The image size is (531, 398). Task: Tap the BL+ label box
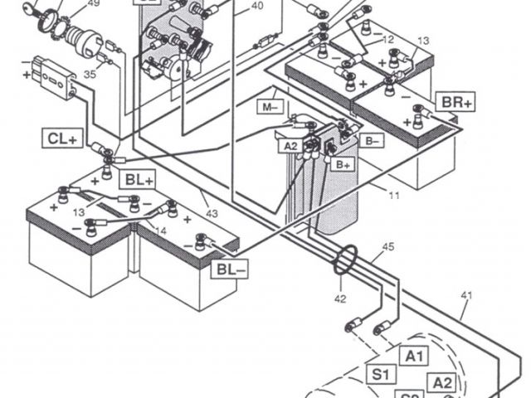[x=138, y=179]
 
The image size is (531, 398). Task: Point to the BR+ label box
[x=457, y=102]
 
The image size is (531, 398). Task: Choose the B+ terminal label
[x=343, y=165]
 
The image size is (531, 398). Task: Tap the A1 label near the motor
[x=417, y=356]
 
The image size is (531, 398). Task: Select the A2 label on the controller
[x=291, y=147]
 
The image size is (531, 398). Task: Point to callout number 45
[x=388, y=247]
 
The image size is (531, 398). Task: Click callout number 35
[x=89, y=74]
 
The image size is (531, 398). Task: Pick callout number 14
[x=160, y=231]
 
